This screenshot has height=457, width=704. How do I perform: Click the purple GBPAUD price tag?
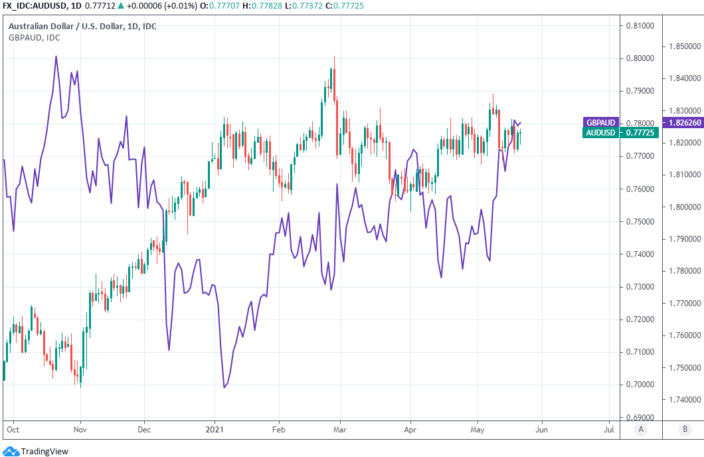click(x=600, y=122)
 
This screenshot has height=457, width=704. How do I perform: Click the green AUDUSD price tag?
click(x=600, y=133)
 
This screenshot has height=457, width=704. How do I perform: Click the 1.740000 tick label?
click(x=682, y=400)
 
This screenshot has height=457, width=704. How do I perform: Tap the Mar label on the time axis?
click(x=339, y=430)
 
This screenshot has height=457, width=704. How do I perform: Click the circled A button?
click(x=641, y=429)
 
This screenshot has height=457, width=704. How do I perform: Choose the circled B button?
click(x=684, y=429)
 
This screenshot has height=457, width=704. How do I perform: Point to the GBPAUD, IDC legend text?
click(x=34, y=38)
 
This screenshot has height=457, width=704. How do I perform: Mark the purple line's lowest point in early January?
click(x=224, y=388)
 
